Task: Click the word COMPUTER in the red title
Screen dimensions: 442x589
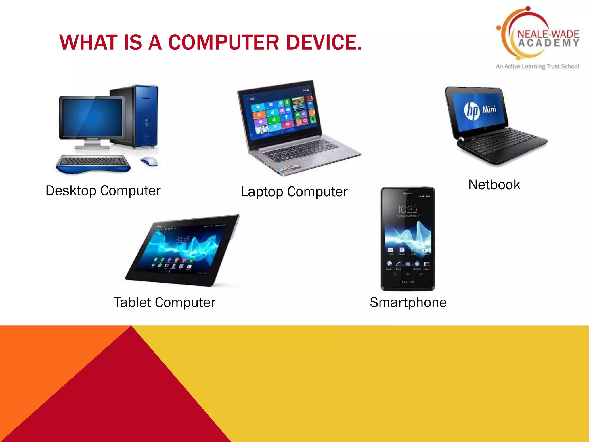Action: click(x=223, y=43)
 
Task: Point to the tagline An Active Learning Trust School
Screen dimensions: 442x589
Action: click(x=537, y=66)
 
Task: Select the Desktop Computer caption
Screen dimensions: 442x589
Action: click(x=103, y=191)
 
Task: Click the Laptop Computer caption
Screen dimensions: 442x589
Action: click(x=294, y=192)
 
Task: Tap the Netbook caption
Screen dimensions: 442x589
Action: click(x=494, y=185)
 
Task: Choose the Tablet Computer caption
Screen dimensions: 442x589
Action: click(x=165, y=303)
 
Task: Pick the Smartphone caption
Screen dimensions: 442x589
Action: click(x=408, y=303)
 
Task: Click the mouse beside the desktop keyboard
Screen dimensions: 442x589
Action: click(x=149, y=161)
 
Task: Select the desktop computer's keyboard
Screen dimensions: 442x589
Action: click(x=93, y=161)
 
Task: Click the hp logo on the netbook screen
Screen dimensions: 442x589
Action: click(x=472, y=111)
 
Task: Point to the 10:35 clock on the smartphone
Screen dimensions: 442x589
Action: click(x=408, y=209)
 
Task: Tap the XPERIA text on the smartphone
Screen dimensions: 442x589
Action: click(x=408, y=282)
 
